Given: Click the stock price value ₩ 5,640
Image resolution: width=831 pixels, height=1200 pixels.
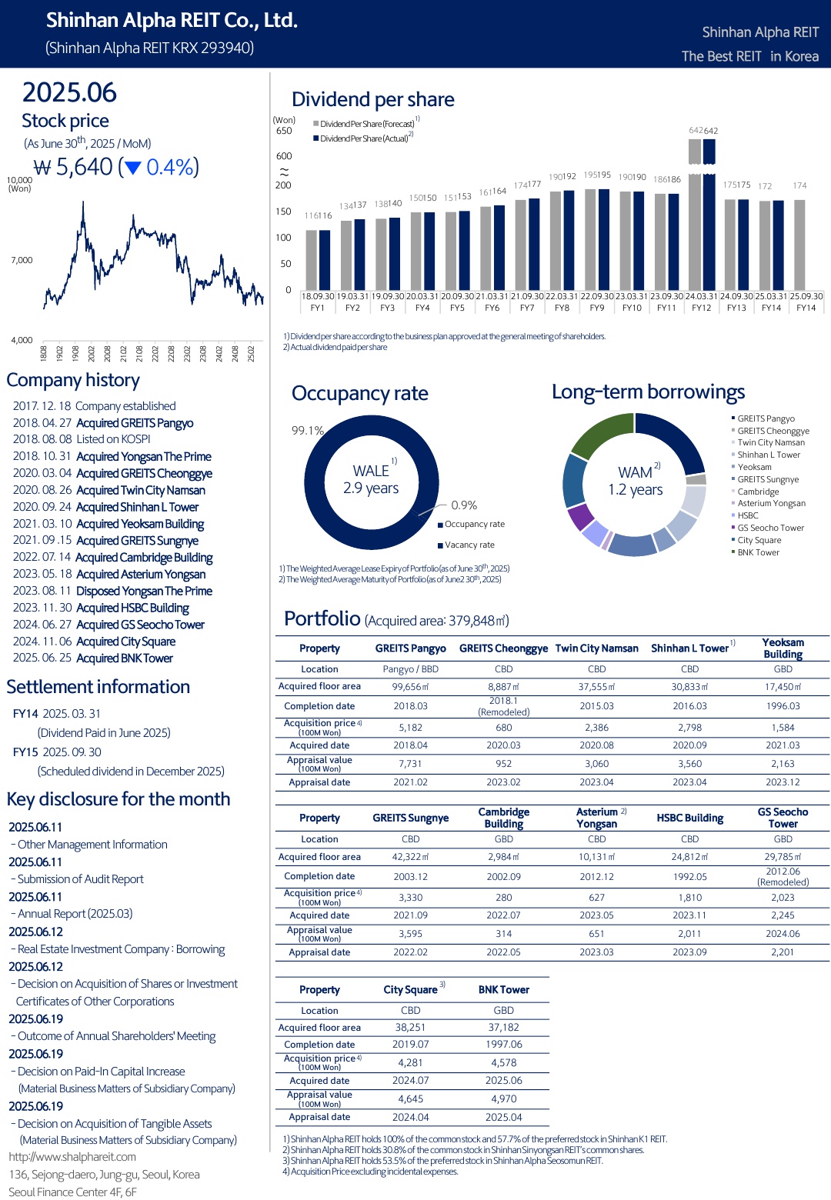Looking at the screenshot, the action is pyautogui.click(x=73, y=167).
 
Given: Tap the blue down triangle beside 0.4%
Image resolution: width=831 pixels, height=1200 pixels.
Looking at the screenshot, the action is pyautogui.click(x=132, y=168).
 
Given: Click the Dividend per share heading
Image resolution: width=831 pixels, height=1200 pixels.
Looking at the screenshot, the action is pyautogui.click(x=373, y=99).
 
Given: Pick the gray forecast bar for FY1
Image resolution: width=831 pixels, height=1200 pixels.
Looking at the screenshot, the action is pyautogui.click(x=312, y=260).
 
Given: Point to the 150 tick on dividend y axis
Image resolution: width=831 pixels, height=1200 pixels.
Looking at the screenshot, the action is pyautogui.click(x=283, y=211).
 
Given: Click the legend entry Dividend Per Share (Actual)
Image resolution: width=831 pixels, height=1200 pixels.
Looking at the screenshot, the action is pyautogui.click(x=363, y=138).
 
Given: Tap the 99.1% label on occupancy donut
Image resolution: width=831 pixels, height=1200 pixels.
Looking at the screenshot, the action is pyautogui.click(x=308, y=430).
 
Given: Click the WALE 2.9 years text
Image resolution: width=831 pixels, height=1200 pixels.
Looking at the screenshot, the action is pyautogui.click(x=371, y=479).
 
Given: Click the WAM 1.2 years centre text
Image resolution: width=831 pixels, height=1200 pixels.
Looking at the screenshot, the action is pyautogui.click(x=636, y=481).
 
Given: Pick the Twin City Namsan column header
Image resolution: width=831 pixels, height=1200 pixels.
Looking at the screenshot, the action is pyautogui.click(x=597, y=648).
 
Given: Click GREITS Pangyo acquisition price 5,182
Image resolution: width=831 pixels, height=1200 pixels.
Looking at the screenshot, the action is pyautogui.click(x=410, y=728).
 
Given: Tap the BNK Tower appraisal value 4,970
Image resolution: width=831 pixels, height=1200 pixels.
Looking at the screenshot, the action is pyautogui.click(x=504, y=1098).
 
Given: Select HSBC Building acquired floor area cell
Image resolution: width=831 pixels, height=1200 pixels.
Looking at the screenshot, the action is pyautogui.click(x=689, y=857).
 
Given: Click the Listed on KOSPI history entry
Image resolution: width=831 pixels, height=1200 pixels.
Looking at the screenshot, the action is pyautogui.click(x=113, y=439).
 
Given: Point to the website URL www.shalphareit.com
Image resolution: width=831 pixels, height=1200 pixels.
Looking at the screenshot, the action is pyautogui.click(x=72, y=1157).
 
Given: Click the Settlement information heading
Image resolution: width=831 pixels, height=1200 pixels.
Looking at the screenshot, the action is pyautogui.click(x=98, y=687).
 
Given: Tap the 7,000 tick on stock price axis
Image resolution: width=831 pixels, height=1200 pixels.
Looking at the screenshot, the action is pyautogui.click(x=22, y=260).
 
